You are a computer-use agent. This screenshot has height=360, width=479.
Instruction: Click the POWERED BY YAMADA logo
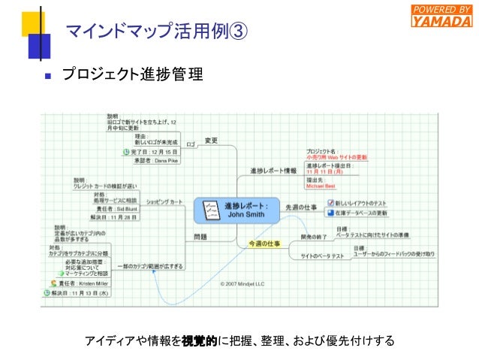442,16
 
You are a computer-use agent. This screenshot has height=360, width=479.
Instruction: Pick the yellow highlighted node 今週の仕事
264,244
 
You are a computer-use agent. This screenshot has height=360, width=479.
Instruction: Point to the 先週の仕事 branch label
301,206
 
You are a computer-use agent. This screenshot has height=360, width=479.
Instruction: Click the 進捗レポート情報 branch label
273,171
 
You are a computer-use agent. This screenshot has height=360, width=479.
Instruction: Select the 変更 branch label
211,141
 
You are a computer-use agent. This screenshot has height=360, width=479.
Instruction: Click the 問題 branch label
200,237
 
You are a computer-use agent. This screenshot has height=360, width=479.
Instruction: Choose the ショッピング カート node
164,202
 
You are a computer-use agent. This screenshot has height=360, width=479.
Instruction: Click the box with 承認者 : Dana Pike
158,160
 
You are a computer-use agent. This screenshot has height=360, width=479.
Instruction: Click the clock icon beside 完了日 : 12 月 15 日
126,151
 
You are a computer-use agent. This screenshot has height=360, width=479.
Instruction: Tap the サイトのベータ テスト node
322,257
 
